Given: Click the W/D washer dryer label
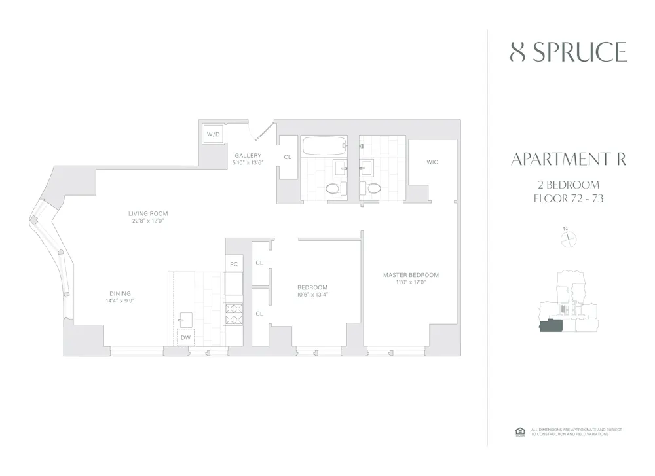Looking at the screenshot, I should pos(214,134).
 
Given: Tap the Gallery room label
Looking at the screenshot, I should pos(248,155).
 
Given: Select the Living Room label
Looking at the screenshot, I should pos(148,213).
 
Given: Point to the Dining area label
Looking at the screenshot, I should pos(120,293).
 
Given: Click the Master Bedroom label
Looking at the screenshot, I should pos(411,275).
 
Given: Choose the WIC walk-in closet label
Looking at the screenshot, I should pos(432,162).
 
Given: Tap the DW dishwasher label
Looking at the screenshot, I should pos(185,338).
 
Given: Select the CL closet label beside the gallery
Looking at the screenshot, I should pos(287,157).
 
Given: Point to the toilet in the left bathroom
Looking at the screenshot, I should pos(332,189).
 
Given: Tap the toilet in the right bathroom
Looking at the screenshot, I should pos(373,189).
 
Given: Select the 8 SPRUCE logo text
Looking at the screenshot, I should pos(568,52).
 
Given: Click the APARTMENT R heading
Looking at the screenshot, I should pos(568,159).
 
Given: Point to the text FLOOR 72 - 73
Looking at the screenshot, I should pos(568,198).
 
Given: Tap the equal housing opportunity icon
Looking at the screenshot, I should pos(521,431).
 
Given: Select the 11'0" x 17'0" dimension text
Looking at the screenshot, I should pos(411,283).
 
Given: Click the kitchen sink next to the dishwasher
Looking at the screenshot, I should pos(185,319).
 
